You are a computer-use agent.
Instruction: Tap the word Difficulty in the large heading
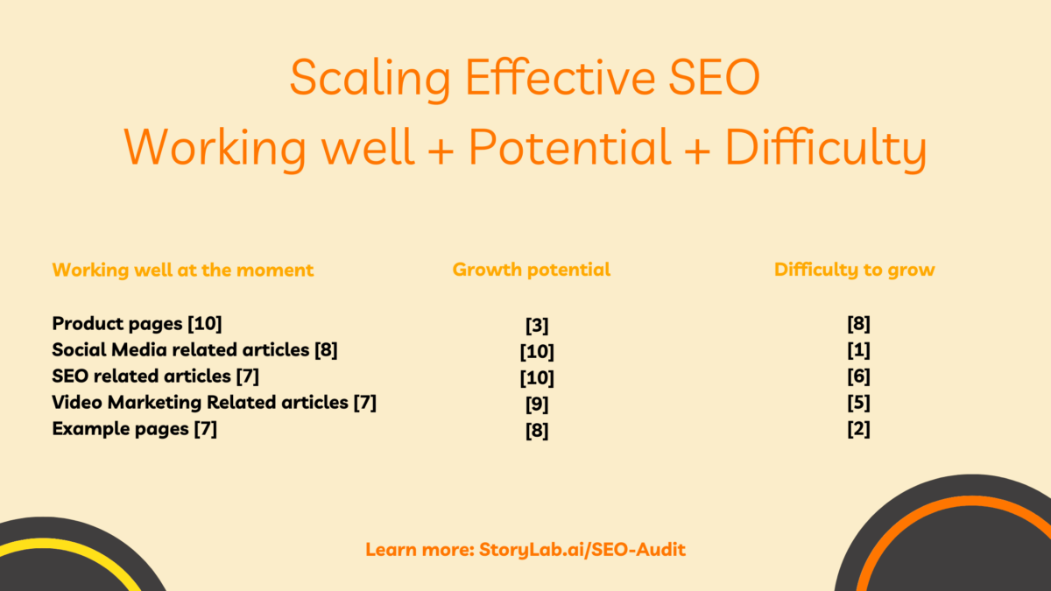pyautogui.click(x=825, y=147)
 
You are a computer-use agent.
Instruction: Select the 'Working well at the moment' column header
pyautogui.click(x=183, y=270)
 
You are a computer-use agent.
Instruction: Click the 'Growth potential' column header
pyautogui.click(x=532, y=270)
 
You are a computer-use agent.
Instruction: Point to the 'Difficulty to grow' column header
pyautogui.click(x=854, y=270)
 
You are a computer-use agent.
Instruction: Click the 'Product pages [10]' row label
pyautogui.click(x=138, y=324)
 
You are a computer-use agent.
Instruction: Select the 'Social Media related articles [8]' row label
pyautogui.click(x=194, y=350)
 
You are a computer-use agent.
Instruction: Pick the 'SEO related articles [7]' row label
pyautogui.click(x=156, y=376)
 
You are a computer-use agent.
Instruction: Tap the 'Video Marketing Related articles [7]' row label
pyautogui.click(x=215, y=403)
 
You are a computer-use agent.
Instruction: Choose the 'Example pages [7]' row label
pyautogui.click(x=135, y=429)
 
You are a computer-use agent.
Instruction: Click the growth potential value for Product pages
pyautogui.click(x=537, y=326)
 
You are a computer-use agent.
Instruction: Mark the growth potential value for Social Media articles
pyautogui.click(x=537, y=352)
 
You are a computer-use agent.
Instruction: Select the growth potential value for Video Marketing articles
pyautogui.click(x=537, y=405)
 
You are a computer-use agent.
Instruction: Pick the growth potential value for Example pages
pyautogui.click(x=537, y=431)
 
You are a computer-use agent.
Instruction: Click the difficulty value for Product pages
pyautogui.click(x=858, y=325)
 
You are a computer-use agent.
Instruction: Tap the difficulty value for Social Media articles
pyautogui.click(x=858, y=351)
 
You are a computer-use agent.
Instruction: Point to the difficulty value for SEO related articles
pyautogui.click(x=858, y=377)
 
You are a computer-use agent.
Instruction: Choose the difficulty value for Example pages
pyautogui.click(x=858, y=430)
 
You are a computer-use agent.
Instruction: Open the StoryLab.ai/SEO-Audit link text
pyautogui.click(x=582, y=551)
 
